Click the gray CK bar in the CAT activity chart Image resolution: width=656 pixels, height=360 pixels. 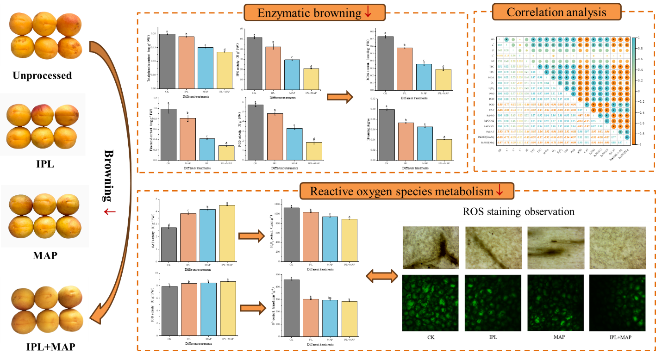pos(169,244)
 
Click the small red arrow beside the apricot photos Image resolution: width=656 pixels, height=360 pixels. pos(109,212)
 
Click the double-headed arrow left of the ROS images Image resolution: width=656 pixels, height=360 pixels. pos(381,276)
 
